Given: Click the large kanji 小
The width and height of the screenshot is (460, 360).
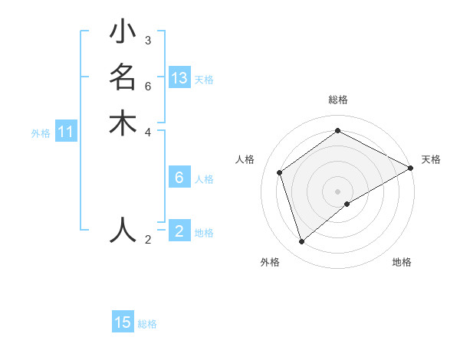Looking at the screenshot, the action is (123, 33).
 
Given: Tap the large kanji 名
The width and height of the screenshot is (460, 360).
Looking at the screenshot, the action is (123, 78).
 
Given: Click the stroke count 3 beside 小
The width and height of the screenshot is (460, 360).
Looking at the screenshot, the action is (148, 41).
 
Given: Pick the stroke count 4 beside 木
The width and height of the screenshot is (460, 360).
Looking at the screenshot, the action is (148, 131).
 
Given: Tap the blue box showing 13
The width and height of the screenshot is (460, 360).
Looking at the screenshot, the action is (179, 78).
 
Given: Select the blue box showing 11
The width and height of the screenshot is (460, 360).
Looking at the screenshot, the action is (66, 132).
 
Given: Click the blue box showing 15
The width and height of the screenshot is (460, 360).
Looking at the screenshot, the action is (123, 322).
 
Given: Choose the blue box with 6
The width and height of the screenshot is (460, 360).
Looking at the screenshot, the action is (179, 178).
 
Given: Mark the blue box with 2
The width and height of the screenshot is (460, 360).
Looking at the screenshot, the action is (179, 231).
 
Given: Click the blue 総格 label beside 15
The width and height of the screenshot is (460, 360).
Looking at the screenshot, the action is (147, 324).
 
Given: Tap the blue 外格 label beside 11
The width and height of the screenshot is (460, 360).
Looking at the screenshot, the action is (41, 133).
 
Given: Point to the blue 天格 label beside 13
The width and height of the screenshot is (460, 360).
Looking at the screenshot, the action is (204, 80).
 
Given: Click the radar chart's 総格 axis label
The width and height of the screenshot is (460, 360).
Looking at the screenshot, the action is (338, 100).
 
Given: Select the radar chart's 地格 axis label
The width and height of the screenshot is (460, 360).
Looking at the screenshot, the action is (402, 262).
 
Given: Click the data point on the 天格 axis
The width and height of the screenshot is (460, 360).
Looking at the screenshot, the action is (411, 169).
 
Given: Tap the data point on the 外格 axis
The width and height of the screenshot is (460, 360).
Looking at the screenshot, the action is (302, 242).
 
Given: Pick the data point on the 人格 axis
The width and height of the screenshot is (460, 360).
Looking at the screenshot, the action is (280, 172).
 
